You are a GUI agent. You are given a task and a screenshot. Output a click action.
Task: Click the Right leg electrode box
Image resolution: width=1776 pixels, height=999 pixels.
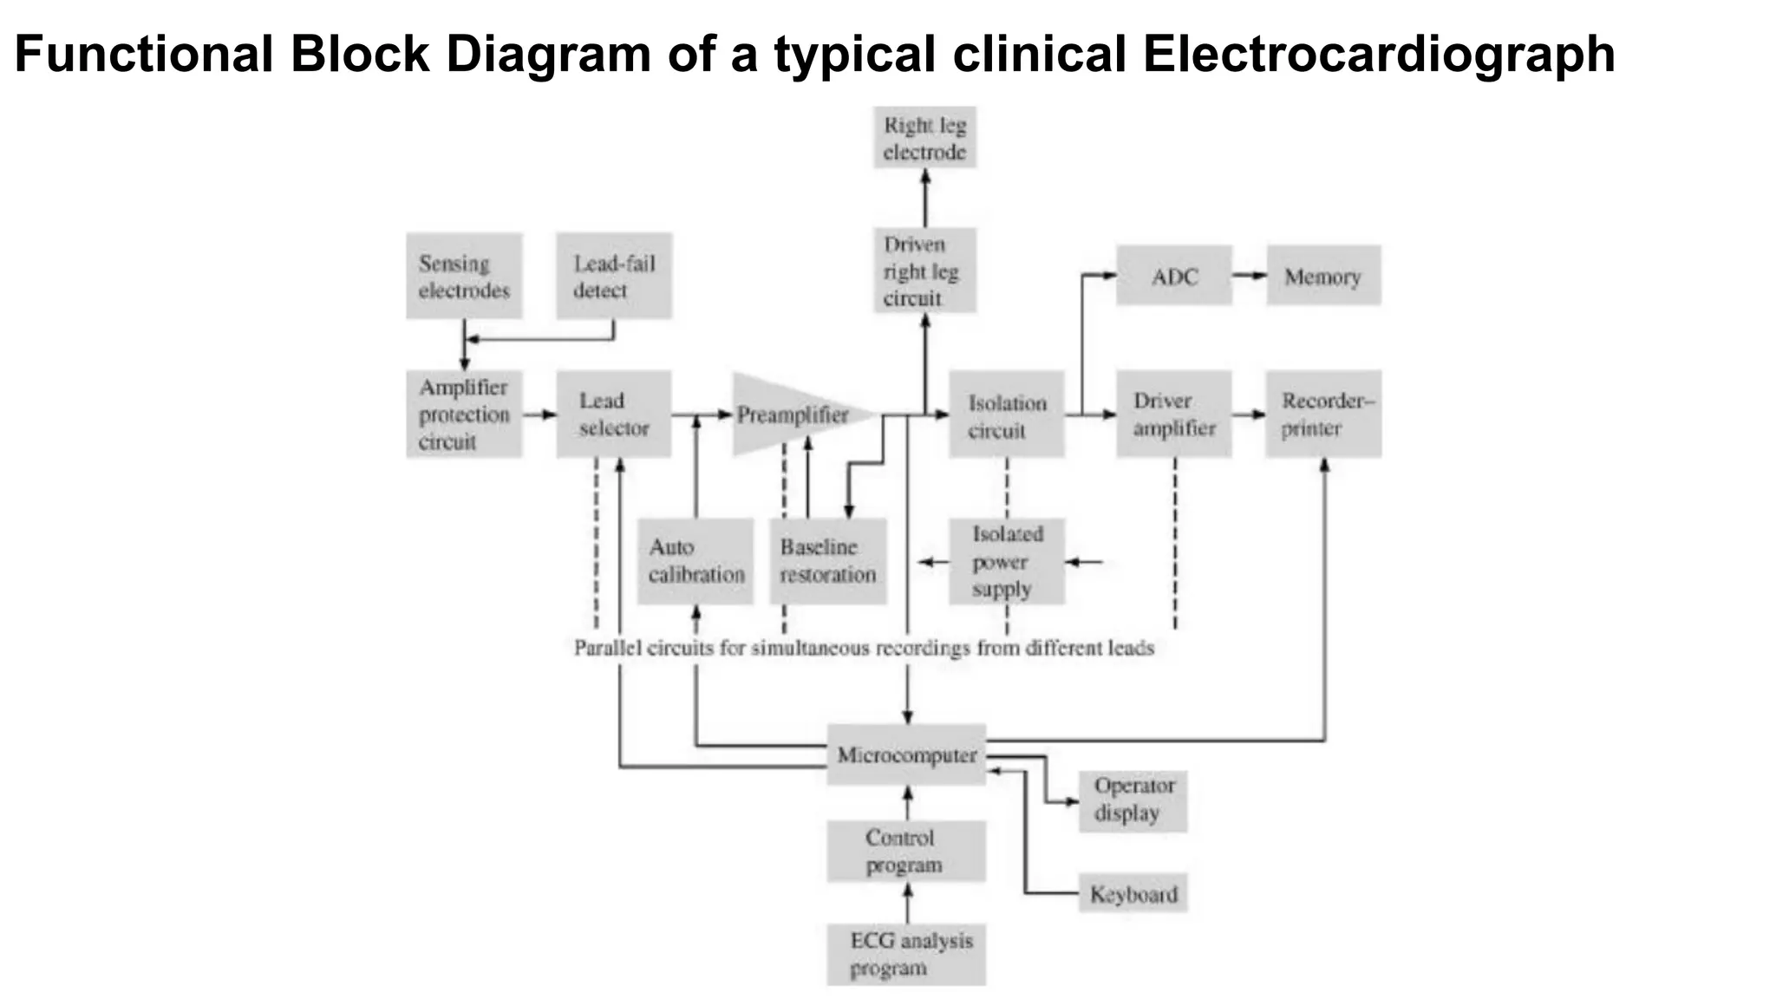click(924, 138)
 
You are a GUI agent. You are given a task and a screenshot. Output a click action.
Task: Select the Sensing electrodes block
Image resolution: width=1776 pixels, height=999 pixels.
click(464, 276)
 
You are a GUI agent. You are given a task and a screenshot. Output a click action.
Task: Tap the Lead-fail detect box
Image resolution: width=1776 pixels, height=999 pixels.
click(614, 276)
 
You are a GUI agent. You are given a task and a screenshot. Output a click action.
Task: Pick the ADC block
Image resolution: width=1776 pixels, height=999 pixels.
click(1173, 276)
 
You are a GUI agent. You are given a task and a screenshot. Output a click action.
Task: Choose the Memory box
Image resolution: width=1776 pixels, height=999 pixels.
click(1323, 276)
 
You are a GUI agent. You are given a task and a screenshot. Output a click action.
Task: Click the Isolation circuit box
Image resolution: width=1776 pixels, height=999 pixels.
click(1006, 415)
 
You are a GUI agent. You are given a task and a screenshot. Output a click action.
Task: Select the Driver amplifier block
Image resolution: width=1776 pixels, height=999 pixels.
click(1173, 415)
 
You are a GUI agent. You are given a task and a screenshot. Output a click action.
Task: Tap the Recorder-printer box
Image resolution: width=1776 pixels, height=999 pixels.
click(1323, 415)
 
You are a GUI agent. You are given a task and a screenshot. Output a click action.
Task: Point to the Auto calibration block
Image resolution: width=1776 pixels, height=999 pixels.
click(695, 561)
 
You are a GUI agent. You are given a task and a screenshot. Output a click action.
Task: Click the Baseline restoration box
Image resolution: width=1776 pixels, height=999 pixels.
click(828, 561)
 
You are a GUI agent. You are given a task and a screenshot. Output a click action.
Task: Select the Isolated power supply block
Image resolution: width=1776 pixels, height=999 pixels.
click(1006, 561)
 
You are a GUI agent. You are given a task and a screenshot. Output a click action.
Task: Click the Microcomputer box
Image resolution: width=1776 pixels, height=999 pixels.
click(906, 754)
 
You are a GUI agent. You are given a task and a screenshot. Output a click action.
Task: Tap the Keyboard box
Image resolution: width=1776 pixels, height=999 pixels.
click(1133, 893)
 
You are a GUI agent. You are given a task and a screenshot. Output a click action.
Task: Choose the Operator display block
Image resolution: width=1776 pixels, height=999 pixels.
click(1133, 800)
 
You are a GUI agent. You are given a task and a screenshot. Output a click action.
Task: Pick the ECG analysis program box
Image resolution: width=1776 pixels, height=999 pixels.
click(906, 954)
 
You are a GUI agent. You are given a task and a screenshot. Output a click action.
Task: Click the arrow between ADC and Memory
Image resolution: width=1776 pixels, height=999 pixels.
click(1249, 276)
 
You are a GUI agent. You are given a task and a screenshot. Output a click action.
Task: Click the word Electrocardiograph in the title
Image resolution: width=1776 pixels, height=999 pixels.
click(1378, 54)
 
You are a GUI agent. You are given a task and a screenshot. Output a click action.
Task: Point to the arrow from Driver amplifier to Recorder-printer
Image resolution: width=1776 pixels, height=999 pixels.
click(1249, 415)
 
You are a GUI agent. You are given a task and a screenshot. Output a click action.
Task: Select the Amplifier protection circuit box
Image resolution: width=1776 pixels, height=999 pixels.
click(464, 415)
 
